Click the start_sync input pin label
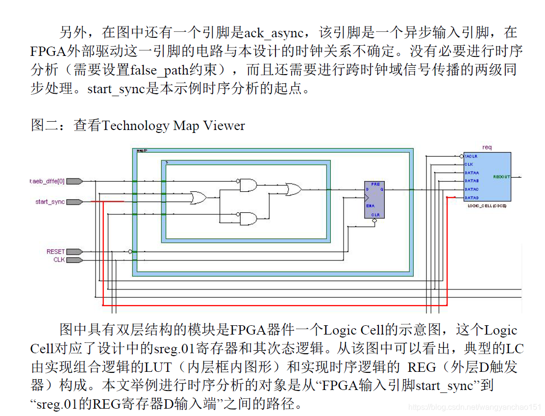(x=50, y=202)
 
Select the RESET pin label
(x=55, y=252)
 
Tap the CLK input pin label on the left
(x=59, y=260)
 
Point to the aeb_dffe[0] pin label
(x=47, y=182)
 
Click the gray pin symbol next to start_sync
(x=74, y=202)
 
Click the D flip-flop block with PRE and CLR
(x=374, y=199)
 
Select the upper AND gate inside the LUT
(x=248, y=185)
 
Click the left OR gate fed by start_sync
(x=198, y=197)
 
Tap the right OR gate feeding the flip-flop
(x=294, y=189)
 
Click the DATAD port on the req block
(x=471, y=197)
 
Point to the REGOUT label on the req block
(x=501, y=177)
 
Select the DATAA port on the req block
(x=471, y=173)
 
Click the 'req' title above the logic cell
(x=487, y=147)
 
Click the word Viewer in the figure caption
(x=224, y=126)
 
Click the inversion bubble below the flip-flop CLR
(x=375, y=221)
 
